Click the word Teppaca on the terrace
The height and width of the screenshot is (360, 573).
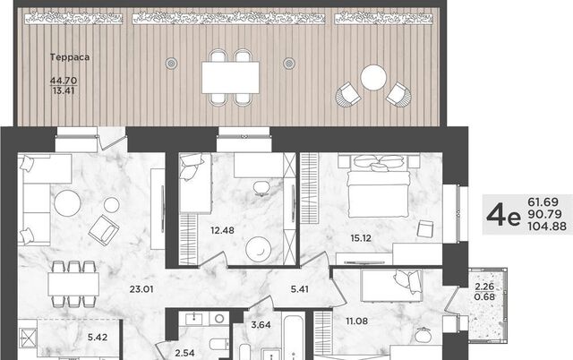(x=70, y=57)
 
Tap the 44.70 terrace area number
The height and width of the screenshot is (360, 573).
(x=64, y=80)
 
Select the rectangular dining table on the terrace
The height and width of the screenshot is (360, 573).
(x=231, y=78)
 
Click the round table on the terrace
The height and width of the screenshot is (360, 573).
(x=373, y=78)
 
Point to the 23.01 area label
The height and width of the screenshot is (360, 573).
(x=141, y=289)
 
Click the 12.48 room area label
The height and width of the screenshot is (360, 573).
(x=223, y=231)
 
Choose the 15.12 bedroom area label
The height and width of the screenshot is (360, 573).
(x=361, y=238)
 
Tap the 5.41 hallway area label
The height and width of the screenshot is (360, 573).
(x=300, y=289)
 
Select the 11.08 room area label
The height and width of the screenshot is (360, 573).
(x=357, y=321)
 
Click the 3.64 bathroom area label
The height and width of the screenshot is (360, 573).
(x=261, y=324)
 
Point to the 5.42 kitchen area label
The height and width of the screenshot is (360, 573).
(x=98, y=338)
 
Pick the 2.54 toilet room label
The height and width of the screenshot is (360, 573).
(x=184, y=353)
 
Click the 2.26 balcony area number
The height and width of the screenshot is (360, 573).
(x=484, y=287)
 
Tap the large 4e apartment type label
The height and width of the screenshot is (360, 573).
(x=503, y=215)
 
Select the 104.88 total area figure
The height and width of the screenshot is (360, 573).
(x=547, y=227)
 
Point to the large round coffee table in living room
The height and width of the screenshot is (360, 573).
(x=68, y=203)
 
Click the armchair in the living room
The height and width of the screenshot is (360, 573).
(x=104, y=230)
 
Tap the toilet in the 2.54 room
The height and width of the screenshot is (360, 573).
(x=218, y=344)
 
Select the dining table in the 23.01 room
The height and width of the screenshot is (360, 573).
(x=73, y=284)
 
